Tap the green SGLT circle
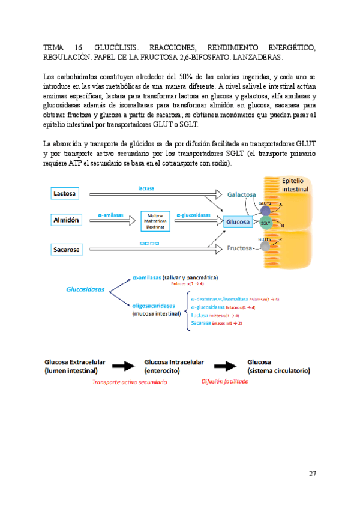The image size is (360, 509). [x=265, y=223]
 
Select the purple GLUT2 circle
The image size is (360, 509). [x=265, y=211]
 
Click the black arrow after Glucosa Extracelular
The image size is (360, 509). [x=122, y=366]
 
